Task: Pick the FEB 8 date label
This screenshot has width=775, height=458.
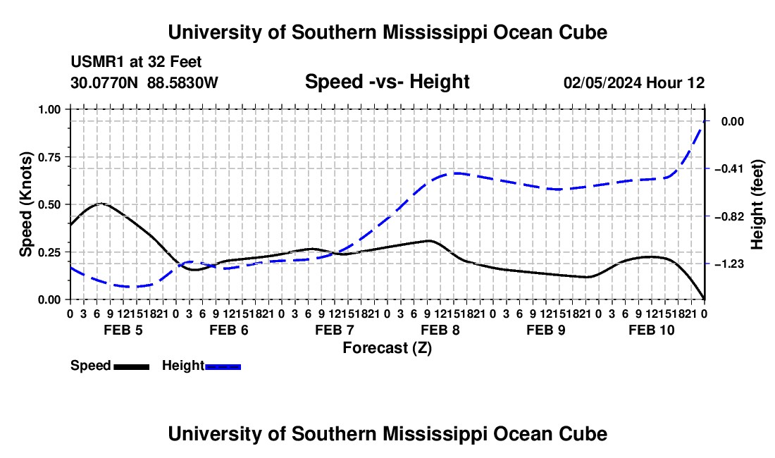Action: point(440,330)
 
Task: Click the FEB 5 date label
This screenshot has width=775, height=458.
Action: point(123,330)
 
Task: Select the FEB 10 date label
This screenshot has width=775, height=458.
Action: point(652,330)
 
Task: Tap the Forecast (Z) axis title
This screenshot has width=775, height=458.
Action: point(387,348)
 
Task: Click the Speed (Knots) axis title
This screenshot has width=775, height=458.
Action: point(25,204)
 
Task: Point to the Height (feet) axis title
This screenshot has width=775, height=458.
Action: point(757,204)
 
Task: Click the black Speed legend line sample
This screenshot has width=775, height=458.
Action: point(132,366)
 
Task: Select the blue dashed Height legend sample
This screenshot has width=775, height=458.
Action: point(223,366)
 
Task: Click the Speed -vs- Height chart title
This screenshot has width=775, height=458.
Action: point(387,82)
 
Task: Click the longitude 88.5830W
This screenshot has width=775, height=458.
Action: point(182,82)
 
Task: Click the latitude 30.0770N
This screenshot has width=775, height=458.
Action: point(104,82)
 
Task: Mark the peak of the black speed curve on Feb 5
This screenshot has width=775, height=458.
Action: point(101,203)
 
